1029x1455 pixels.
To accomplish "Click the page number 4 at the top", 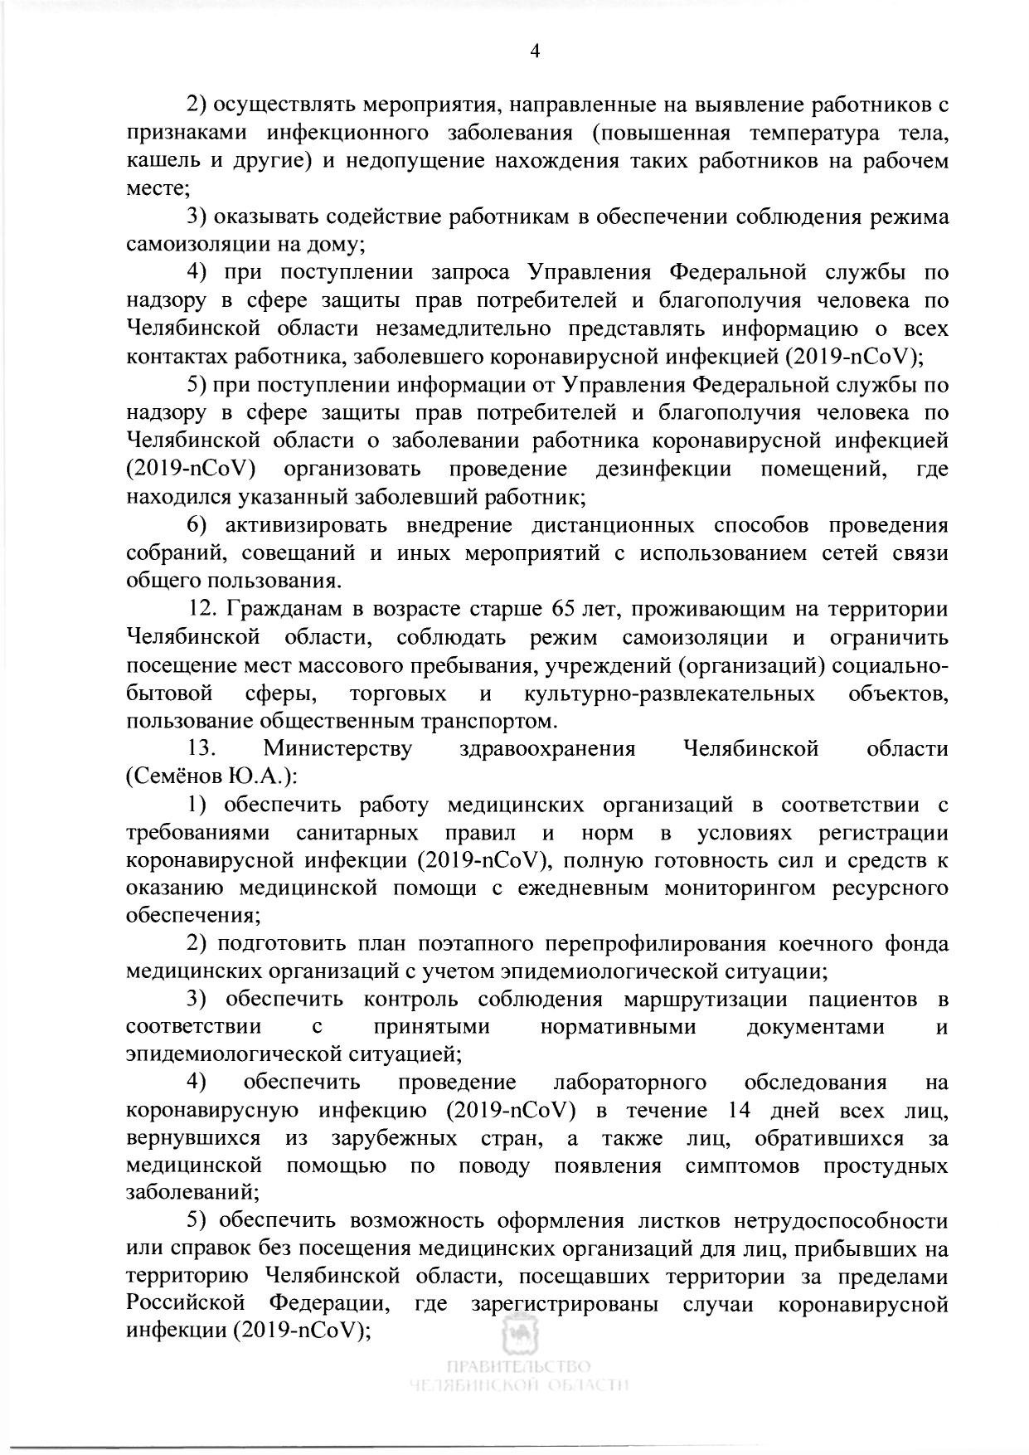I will [535, 51].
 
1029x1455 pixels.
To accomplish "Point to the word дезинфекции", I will [663, 470].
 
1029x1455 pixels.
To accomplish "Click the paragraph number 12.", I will [203, 610].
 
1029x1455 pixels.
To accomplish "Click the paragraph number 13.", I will [203, 749].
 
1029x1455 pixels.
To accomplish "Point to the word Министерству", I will [337, 749].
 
